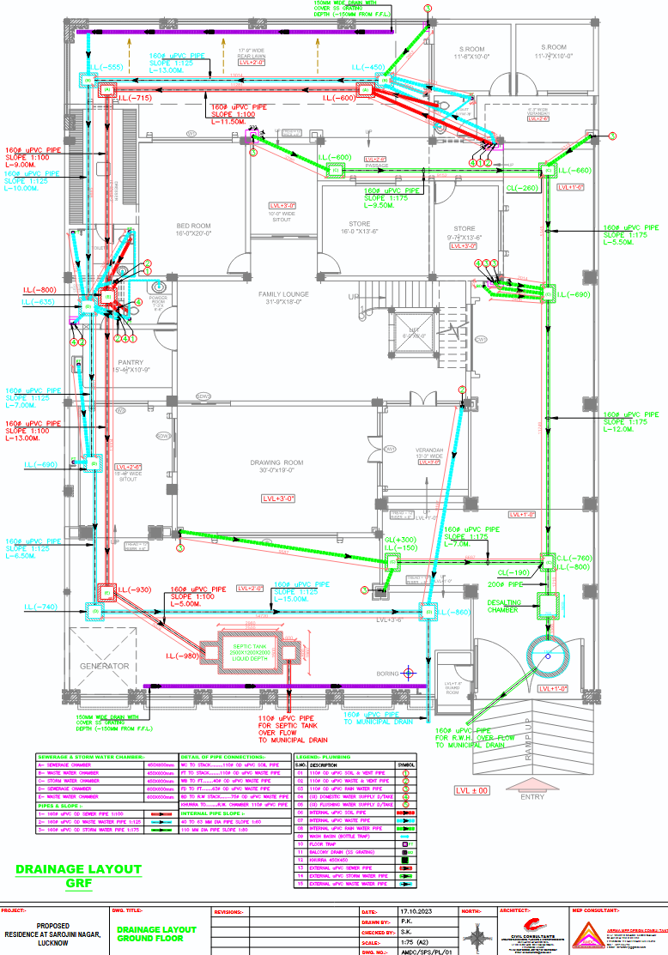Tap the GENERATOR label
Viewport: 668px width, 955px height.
105,666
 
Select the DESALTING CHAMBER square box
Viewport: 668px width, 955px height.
550,605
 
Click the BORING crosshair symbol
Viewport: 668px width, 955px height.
410,674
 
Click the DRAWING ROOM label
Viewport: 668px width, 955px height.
278,462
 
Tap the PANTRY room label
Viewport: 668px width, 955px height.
131,362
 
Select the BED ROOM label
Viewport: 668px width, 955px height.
193,226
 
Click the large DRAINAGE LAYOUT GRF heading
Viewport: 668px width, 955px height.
79,876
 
